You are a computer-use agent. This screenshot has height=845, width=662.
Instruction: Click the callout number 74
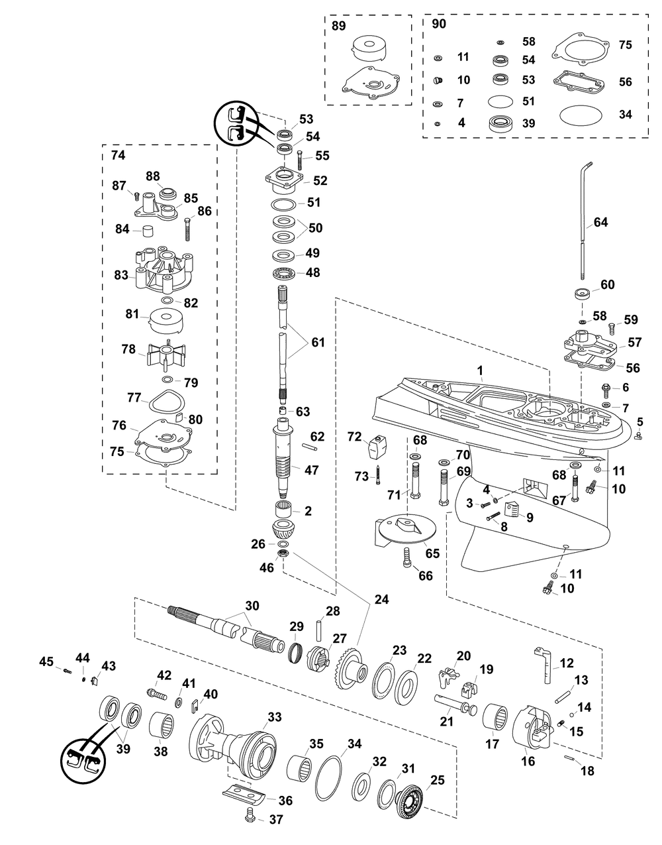point(118,156)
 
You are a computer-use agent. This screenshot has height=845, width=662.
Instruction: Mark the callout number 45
point(46,661)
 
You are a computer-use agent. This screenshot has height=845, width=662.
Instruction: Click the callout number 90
point(438,24)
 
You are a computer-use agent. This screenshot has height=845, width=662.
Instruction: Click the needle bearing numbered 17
point(496,718)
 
